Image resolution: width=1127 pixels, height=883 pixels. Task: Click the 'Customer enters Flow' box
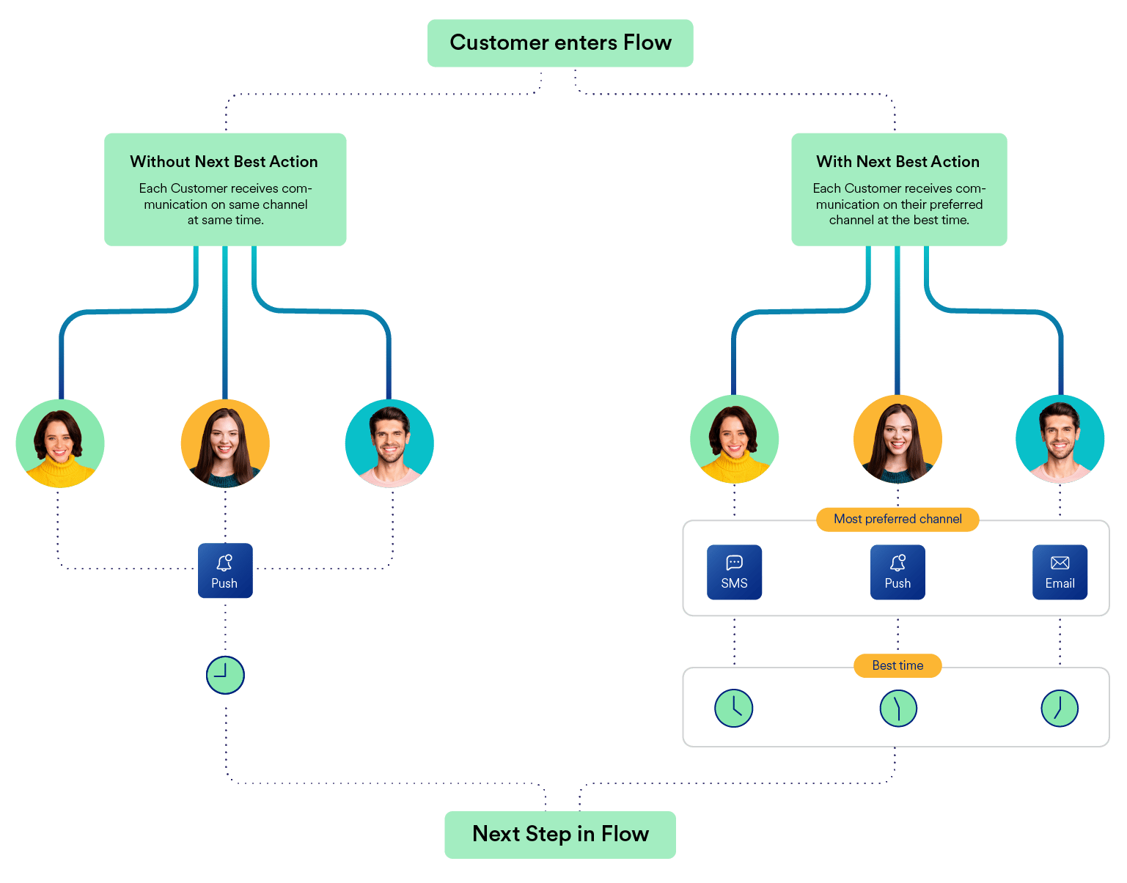(x=559, y=43)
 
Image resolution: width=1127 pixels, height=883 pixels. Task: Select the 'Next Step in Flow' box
(x=559, y=835)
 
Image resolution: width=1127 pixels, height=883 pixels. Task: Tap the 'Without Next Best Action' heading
(x=224, y=162)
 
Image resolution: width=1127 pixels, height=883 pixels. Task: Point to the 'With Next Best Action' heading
(x=897, y=162)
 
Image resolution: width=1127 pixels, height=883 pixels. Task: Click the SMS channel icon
(x=734, y=572)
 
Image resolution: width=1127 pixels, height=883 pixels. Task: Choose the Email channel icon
(x=1060, y=572)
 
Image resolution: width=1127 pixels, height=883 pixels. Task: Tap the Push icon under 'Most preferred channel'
(x=897, y=572)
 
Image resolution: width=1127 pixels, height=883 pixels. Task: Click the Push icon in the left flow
(x=225, y=571)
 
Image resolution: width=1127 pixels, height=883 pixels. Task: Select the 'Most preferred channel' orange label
(x=897, y=520)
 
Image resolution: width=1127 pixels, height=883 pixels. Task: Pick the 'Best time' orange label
(x=897, y=665)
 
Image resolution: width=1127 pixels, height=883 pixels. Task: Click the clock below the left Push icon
(x=225, y=675)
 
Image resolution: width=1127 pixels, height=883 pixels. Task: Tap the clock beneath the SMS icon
(x=733, y=708)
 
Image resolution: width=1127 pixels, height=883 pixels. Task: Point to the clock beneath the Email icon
(x=1060, y=708)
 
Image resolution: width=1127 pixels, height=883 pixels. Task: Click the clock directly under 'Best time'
(x=898, y=708)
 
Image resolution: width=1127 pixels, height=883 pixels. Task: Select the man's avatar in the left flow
(x=389, y=443)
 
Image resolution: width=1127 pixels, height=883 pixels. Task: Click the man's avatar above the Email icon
(x=1060, y=439)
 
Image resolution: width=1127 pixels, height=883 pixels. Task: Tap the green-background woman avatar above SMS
(x=734, y=439)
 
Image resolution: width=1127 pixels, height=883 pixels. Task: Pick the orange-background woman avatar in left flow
(x=225, y=443)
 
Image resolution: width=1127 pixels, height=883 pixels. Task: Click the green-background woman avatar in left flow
(x=60, y=443)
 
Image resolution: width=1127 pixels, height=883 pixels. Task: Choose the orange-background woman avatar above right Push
(x=897, y=439)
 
